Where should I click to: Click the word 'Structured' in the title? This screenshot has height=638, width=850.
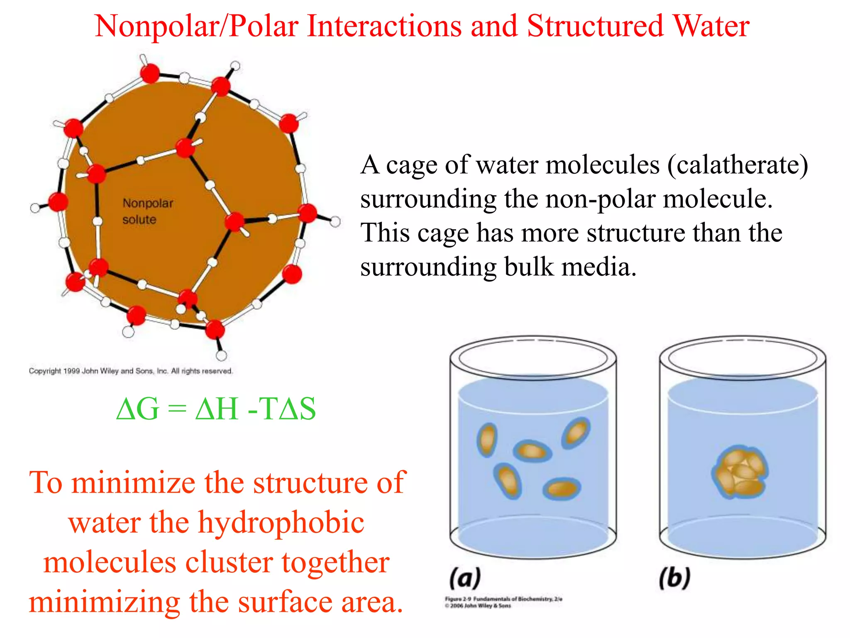(x=596, y=26)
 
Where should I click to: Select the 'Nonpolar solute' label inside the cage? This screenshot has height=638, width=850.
(x=147, y=211)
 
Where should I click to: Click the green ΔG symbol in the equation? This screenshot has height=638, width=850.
(x=137, y=409)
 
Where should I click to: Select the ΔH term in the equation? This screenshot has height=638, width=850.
(x=217, y=409)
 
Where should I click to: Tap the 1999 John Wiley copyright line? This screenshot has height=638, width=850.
(x=131, y=371)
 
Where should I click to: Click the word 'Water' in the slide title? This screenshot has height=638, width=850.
(x=711, y=26)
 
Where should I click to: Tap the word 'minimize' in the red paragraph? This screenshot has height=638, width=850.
(x=133, y=483)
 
